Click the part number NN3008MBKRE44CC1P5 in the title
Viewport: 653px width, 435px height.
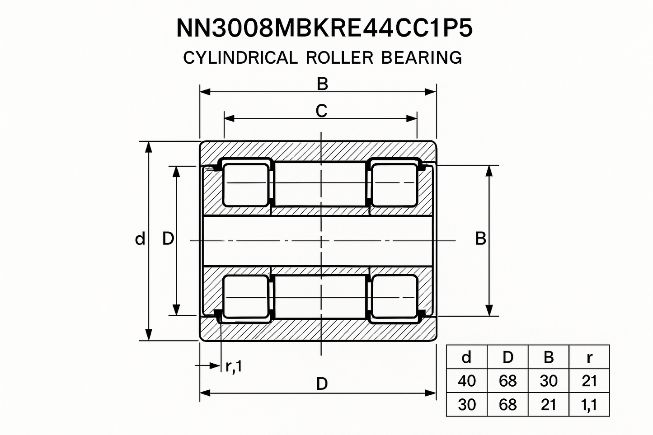click(x=324, y=28)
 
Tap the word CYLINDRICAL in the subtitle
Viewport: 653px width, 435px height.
click(x=240, y=57)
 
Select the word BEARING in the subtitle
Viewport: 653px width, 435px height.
click(x=422, y=57)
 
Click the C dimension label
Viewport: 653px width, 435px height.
click(x=321, y=111)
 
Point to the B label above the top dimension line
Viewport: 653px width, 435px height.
click(x=322, y=84)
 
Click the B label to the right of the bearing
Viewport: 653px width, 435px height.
click(x=481, y=239)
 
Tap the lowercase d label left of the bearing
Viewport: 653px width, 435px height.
click(x=140, y=239)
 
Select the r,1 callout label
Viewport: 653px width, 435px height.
click(x=234, y=366)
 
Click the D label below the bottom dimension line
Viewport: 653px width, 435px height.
click(x=322, y=384)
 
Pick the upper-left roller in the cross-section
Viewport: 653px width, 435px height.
click(x=245, y=185)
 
